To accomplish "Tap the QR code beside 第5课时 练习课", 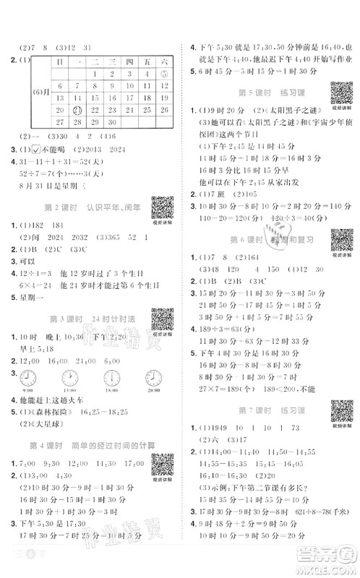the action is tap(340, 94).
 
